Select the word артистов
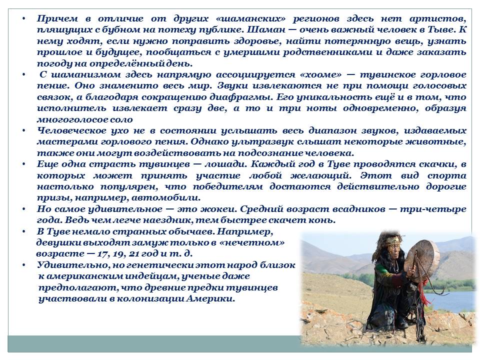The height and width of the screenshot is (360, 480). (x=439, y=19)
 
